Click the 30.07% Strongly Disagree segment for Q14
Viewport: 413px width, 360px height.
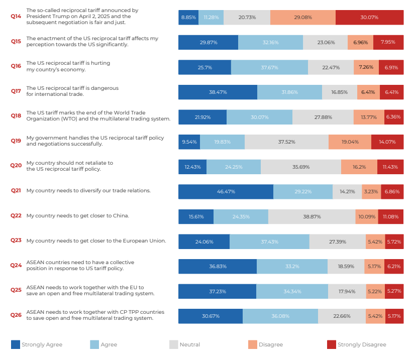tap(369, 17)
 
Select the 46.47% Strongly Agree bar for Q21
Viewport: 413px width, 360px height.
tap(226, 191)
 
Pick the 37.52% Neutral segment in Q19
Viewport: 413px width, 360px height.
tap(286, 142)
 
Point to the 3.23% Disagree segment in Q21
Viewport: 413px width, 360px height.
tap(370, 191)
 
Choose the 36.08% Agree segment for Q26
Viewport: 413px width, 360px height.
tap(280, 316)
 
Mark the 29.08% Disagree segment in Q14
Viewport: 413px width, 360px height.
tap(302, 17)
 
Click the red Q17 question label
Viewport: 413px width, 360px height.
tap(16, 91)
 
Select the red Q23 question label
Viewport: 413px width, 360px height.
tap(16, 241)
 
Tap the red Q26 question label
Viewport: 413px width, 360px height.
tap(16, 315)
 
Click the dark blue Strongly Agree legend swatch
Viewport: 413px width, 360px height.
tap(16, 344)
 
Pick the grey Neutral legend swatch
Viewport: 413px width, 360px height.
tap(173, 344)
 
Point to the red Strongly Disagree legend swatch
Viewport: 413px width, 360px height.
tap(331, 344)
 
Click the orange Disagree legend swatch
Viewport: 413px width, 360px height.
tap(252, 344)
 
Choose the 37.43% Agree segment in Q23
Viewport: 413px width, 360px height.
tap(269, 242)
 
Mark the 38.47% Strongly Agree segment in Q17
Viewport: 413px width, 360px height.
tap(218, 92)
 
